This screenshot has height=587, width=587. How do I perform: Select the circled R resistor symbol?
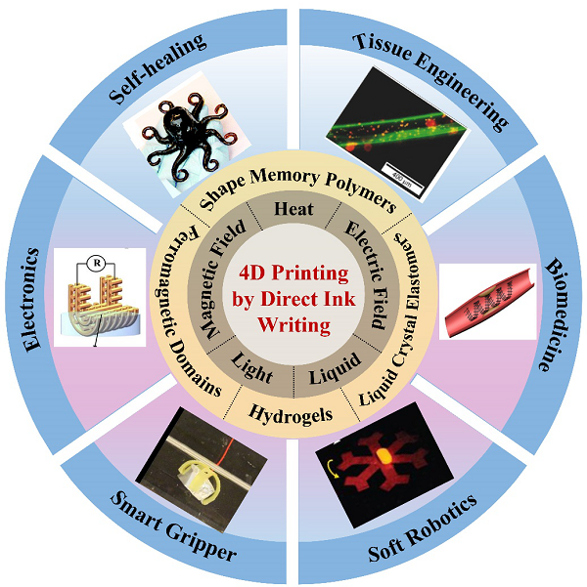97,263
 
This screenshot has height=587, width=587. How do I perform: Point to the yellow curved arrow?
332,468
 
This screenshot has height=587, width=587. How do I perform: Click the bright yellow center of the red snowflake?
384,455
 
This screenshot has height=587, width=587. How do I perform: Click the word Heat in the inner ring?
293,209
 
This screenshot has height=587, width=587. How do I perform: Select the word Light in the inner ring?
251,369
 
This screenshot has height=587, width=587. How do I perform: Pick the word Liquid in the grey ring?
335,369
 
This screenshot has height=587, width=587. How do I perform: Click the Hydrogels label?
291,414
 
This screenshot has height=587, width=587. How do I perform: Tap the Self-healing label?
158,68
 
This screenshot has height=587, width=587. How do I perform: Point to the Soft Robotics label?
422,527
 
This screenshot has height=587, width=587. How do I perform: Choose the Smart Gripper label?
173,526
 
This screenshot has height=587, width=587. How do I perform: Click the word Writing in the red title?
294,324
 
